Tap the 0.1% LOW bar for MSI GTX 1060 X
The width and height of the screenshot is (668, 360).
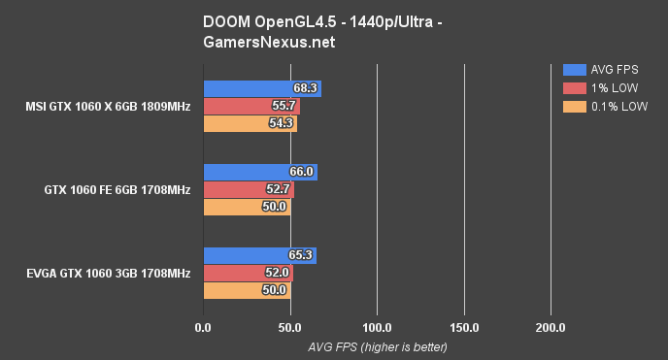[x=249, y=123]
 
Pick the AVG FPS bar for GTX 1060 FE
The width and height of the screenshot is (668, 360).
[x=258, y=172]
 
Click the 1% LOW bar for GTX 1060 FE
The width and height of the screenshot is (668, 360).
[x=247, y=189]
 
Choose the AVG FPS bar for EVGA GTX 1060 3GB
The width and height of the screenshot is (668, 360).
[x=258, y=255]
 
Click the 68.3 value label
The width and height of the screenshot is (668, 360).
[x=306, y=88]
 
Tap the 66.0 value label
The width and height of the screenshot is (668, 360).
[x=302, y=172]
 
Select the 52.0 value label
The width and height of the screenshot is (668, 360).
[x=277, y=273]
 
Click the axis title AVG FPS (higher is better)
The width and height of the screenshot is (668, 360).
[x=378, y=346]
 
